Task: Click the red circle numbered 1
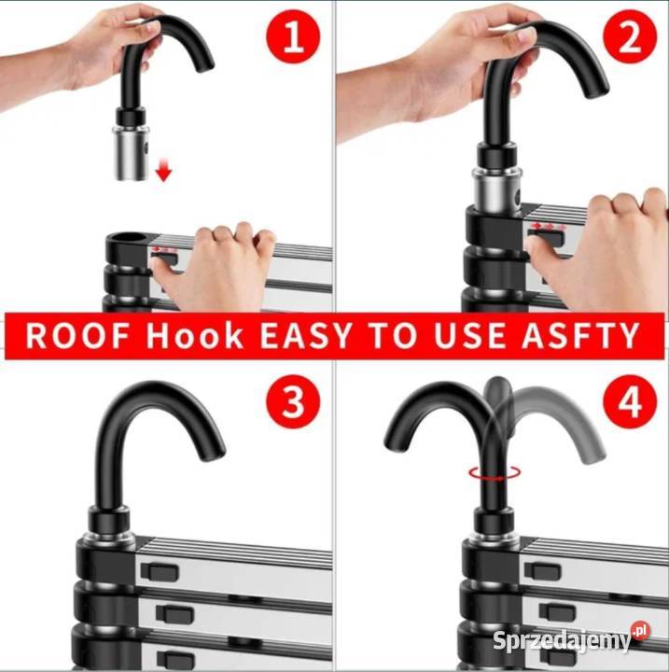point(293,36)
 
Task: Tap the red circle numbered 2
point(630,36)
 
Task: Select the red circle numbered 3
point(293,401)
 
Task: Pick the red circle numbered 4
point(630,401)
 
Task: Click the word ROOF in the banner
point(77,336)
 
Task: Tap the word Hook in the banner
point(195,336)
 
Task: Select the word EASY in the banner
point(306,336)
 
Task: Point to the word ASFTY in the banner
point(580,336)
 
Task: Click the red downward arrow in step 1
point(163,169)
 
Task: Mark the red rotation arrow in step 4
point(495,472)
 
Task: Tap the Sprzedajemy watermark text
point(562,640)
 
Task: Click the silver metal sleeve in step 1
point(132,152)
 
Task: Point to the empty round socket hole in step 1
point(131,238)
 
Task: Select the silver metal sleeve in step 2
point(496,189)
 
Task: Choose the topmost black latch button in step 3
point(160,572)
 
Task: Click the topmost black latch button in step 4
point(543,570)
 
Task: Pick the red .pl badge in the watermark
point(640,631)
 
